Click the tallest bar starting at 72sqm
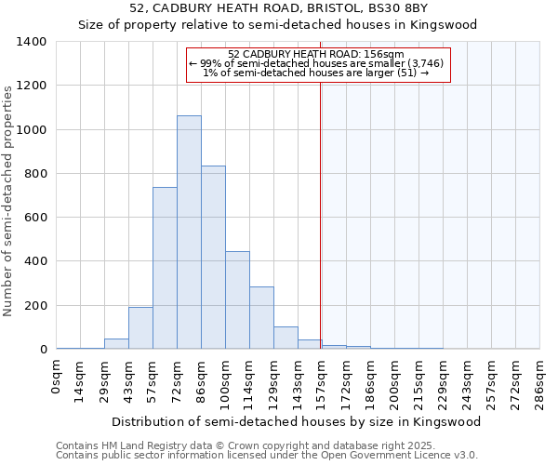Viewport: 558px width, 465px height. click(189, 232)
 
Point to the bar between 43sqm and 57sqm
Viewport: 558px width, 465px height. click(140, 328)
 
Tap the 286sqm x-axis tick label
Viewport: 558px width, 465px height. click(540, 381)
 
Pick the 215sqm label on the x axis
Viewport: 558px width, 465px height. click(419, 381)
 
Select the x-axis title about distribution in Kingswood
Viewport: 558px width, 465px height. click(296, 421)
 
